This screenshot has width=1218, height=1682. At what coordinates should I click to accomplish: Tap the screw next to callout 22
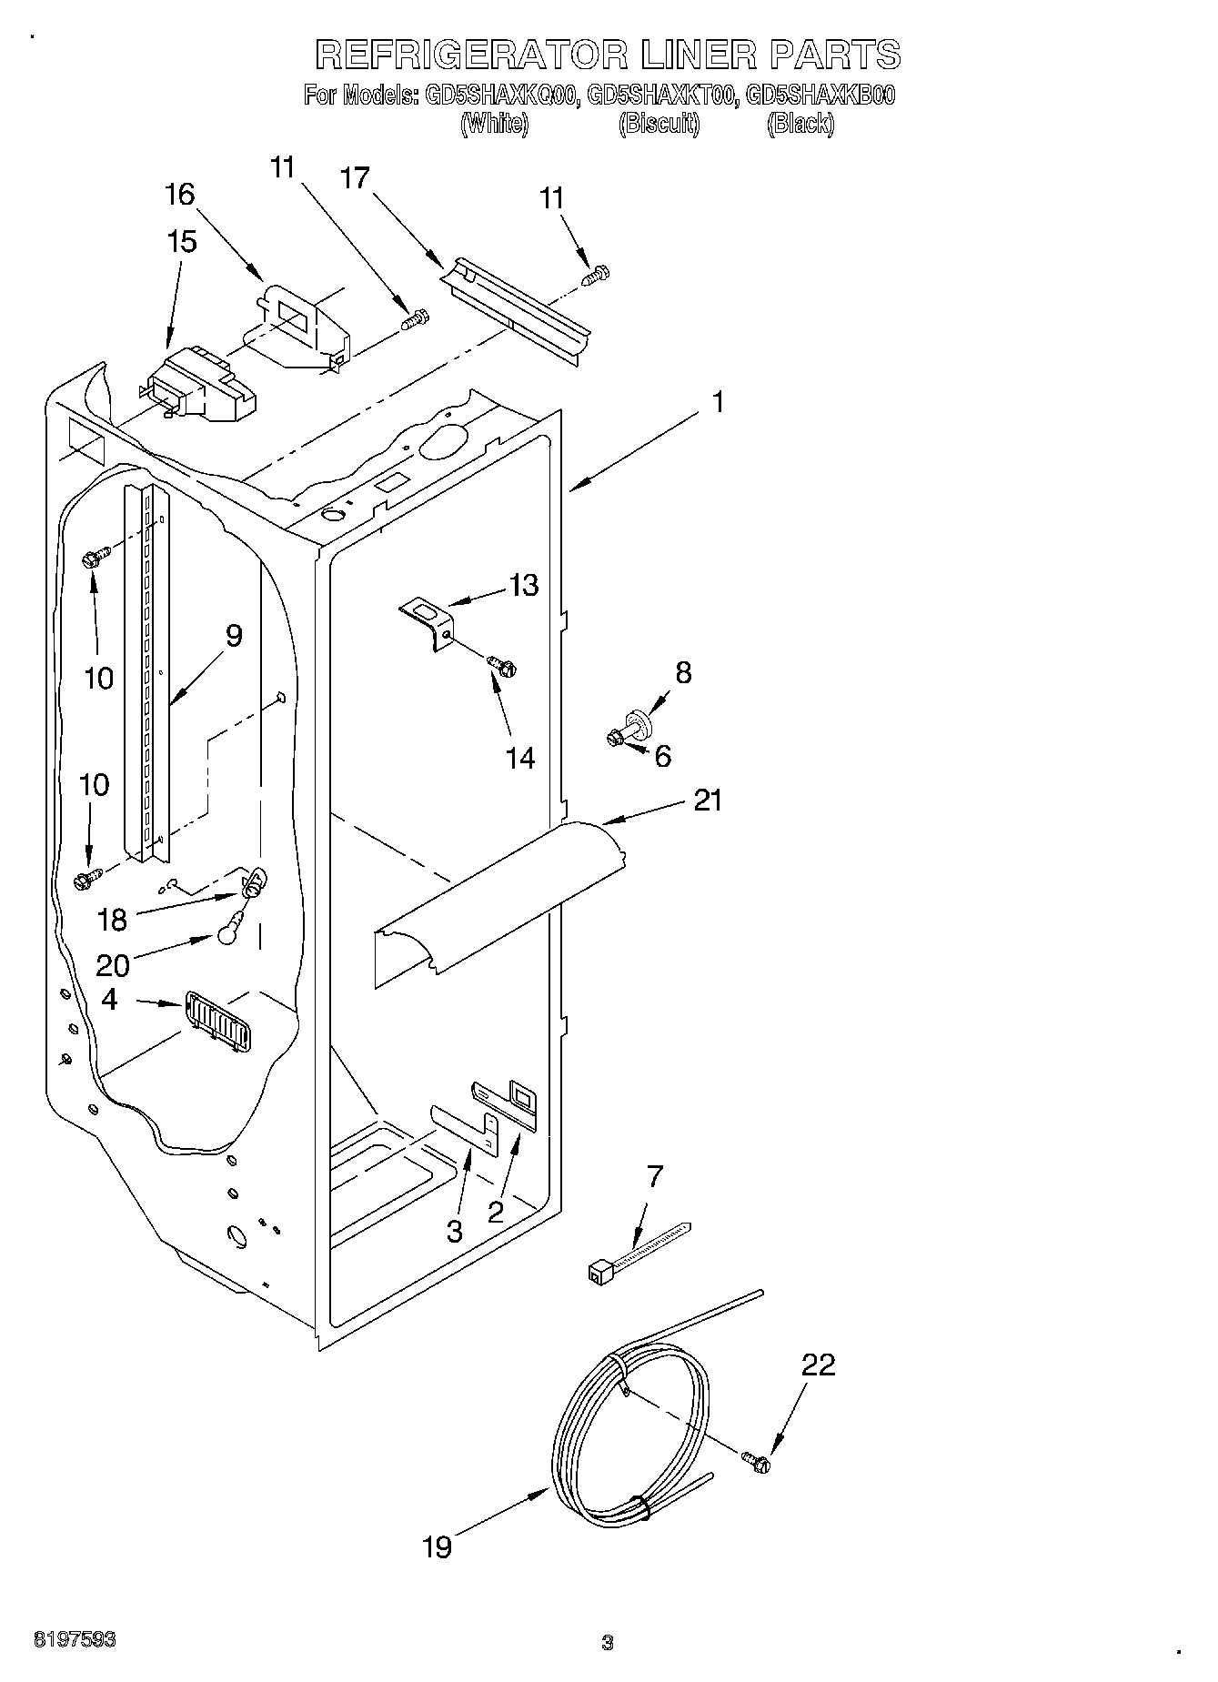pyautogui.click(x=757, y=1462)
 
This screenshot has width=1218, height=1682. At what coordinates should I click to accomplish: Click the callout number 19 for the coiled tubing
pyautogui.click(x=437, y=1546)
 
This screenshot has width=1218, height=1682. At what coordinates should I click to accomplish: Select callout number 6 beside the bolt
pyautogui.click(x=662, y=756)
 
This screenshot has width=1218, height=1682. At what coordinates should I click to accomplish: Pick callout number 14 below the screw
pyautogui.click(x=520, y=757)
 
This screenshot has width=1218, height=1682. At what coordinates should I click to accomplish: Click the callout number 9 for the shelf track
pyautogui.click(x=234, y=635)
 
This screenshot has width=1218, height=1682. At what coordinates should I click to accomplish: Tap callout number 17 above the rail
pyautogui.click(x=355, y=178)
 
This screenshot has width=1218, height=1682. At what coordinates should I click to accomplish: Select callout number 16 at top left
pyautogui.click(x=180, y=194)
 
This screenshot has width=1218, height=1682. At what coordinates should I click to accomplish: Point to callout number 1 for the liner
pyautogui.click(x=718, y=401)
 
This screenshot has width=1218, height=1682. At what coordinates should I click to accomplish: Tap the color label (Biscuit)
pyautogui.click(x=659, y=125)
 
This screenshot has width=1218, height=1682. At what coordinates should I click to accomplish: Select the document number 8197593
pyautogui.click(x=75, y=1640)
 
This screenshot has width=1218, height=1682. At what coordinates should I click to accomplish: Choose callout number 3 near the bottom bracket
pyautogui.click(x=454, y=1231)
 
